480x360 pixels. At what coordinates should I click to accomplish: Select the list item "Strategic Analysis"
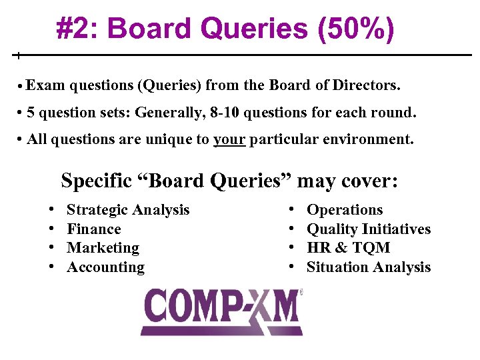[x=128, y=210]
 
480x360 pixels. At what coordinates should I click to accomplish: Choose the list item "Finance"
[x=94, y=229]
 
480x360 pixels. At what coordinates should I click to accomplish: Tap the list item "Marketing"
[x=103, y=248]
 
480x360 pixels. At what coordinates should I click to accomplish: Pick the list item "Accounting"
[x=105, y=267]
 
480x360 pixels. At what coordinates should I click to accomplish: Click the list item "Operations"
[x=344, y=210]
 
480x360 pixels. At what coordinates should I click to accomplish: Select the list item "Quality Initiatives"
[x=368, y=229]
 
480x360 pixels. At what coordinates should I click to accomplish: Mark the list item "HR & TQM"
[x=348, y=248]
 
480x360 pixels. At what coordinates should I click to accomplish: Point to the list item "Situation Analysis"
[x=368, y=267]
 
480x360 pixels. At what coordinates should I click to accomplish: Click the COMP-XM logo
[x=221, y=311]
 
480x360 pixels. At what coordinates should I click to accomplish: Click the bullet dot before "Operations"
[x=291, y=210]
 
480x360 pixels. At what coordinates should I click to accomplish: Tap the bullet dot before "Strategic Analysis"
[x=51, y=210]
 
